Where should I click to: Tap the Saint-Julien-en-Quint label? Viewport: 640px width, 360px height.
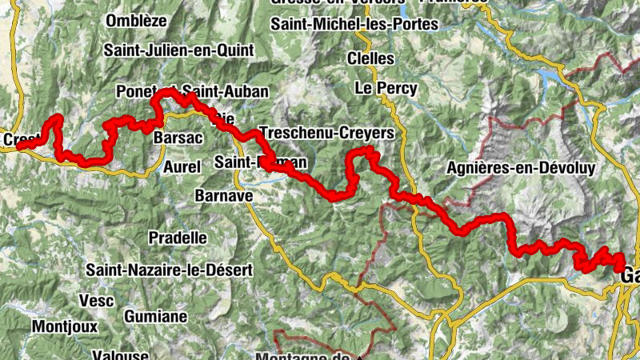click(178, 50)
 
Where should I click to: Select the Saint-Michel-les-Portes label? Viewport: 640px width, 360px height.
click(354, 24)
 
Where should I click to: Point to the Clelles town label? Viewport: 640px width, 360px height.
click(370, 58)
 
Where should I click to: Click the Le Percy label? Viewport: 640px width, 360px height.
click(386, 88)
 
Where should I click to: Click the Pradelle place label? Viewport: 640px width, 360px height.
click(178, 238)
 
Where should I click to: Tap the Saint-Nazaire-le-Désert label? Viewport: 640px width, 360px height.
click(170, 270)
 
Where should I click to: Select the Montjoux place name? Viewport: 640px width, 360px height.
click(65, 326)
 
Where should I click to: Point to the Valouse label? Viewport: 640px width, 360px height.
click(120, 354)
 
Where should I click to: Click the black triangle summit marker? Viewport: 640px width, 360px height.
click(360, 357)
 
